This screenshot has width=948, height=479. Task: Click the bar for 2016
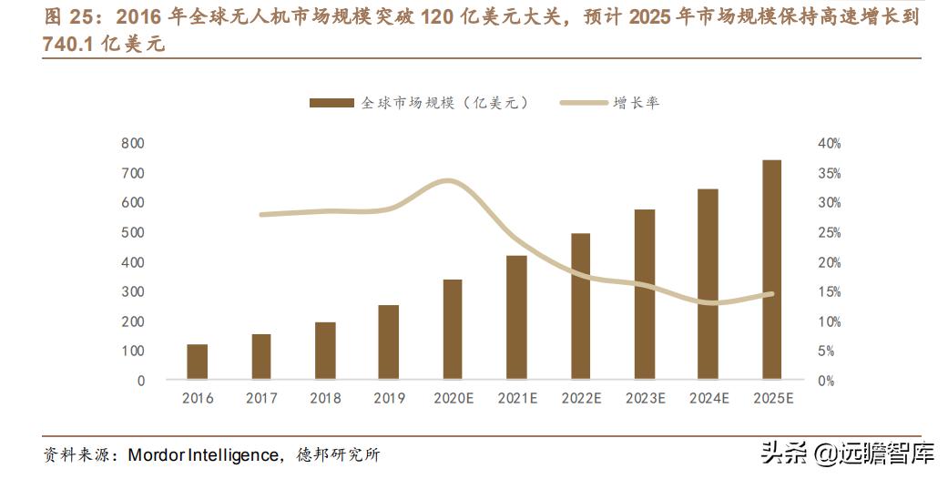[198, 361]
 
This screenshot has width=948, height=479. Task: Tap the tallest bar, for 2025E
[771, 269]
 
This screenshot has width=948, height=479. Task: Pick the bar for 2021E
[516, 317]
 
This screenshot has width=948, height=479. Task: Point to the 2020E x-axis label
[453, 398]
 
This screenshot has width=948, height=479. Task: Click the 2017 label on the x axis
[261, 398]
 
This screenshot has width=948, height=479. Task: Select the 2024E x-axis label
[708, 398]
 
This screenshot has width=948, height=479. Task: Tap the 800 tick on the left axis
[133, 143]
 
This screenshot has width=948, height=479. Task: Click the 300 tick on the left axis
[133, 291]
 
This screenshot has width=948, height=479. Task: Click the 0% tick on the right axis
[826, 381]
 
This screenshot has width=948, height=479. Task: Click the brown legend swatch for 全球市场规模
[331, 103]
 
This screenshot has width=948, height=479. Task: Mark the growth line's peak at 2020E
[449, 181]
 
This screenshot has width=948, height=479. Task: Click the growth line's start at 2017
[261, 215]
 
